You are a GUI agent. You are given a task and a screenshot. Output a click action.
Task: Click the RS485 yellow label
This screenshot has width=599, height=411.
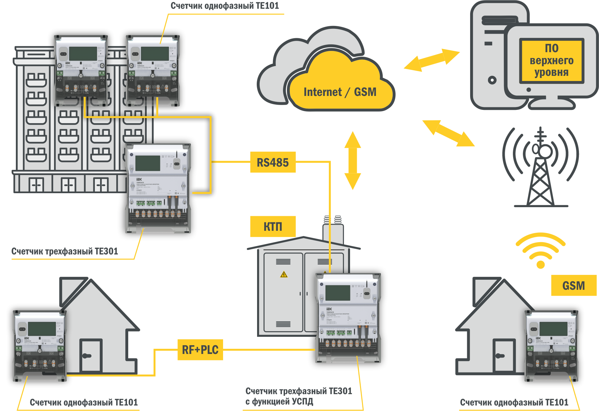(273, 162)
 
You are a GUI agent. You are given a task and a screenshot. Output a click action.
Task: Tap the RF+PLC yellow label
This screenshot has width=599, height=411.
(200, 350)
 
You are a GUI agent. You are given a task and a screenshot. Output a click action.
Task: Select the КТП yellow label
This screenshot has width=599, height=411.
(273, 226)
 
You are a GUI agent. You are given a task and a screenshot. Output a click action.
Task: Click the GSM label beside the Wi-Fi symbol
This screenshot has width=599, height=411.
(573, 286)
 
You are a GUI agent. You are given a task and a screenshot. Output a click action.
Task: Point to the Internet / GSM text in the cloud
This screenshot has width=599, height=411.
(340, 92)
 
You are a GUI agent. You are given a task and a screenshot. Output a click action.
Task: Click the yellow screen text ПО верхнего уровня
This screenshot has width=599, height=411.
(551, 60)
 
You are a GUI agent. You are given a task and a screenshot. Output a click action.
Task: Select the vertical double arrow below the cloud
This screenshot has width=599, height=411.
(352, 160)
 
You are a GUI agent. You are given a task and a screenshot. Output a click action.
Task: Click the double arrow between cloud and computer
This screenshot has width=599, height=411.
(432, 60)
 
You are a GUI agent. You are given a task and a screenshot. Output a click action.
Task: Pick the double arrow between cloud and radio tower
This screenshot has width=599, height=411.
(448, 133)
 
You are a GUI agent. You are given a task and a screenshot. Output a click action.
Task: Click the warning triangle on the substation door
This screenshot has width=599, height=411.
(284, 275)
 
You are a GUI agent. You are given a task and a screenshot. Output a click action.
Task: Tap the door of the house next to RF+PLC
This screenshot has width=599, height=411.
(91, 356)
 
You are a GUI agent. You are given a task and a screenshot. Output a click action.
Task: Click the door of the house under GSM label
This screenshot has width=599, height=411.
(504, 356)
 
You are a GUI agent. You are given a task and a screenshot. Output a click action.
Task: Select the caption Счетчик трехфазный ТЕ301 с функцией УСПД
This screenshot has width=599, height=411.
(298, 396)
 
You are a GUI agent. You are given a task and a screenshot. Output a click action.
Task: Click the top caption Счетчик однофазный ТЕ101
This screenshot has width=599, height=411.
(225, 6)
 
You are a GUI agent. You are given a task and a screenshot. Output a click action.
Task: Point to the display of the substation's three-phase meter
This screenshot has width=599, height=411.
(338, 293)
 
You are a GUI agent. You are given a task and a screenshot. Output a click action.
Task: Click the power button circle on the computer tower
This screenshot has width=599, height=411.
(492, 80)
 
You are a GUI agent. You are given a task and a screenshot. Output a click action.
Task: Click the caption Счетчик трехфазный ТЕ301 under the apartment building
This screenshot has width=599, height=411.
(65, 251)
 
